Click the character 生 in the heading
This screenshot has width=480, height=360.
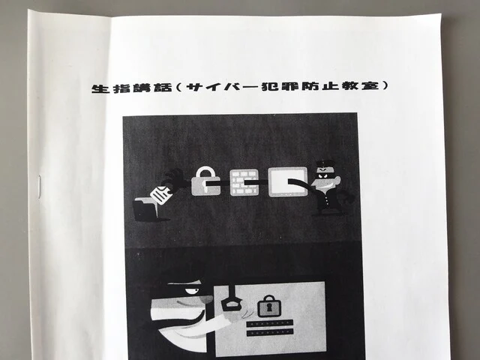(100, 88)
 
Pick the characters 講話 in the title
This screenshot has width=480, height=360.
(152, 88)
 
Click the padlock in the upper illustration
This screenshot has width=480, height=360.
(205, 181)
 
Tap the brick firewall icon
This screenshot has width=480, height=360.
(244, 182)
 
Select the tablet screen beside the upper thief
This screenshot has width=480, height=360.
(288, 181)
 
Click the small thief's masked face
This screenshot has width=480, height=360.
(324, 175)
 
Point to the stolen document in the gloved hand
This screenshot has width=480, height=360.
(160, 195)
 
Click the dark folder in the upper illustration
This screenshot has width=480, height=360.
(145, 209)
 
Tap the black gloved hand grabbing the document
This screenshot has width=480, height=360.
(174, 180)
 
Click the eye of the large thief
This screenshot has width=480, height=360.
(193, 290)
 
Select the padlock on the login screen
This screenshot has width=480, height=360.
(269, 306)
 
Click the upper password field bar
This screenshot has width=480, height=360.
(270, 323)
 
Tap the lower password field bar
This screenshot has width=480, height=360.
(270, 332)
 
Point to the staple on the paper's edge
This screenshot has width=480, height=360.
(39, 187)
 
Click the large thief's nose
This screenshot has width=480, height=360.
(205, 298)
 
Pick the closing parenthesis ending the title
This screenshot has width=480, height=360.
(384, 85)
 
